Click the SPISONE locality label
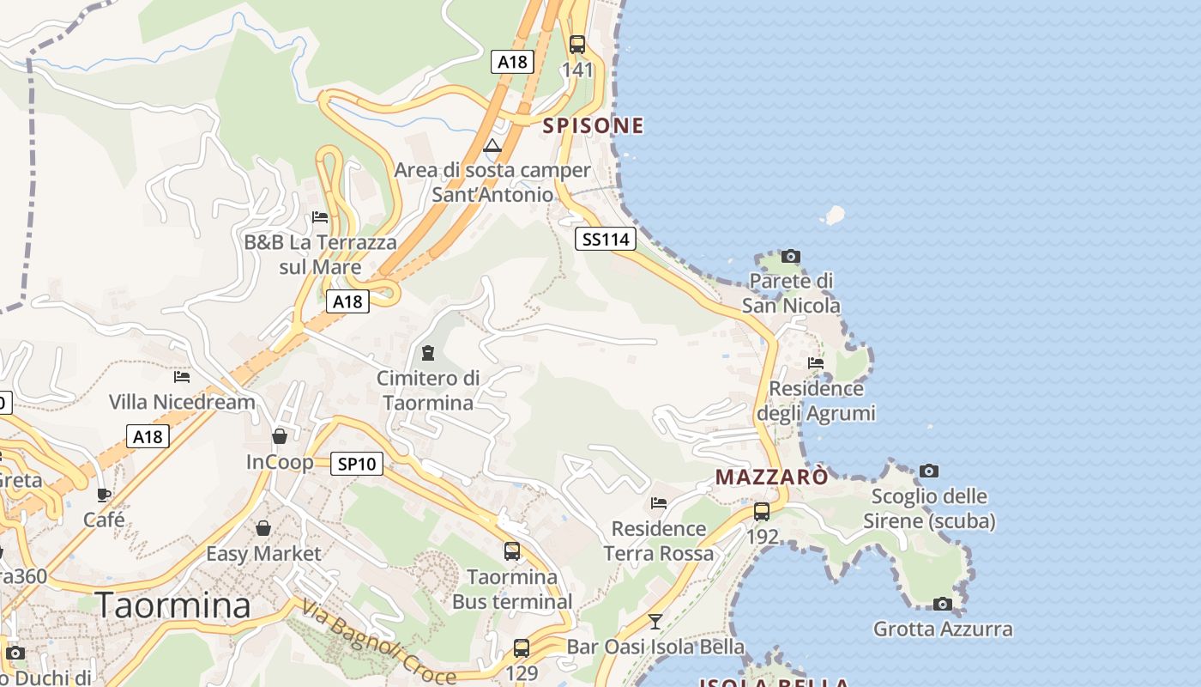[x=593, y=125]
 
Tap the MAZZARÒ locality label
[x=772, y=477]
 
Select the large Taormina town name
[x=173, y=605]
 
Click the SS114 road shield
[x=606, y=239]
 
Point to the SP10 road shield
[x=356, y=464]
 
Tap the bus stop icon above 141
[x=577, y=45]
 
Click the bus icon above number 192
[x=762, y=512]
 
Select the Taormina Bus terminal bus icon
[x=512, y=551]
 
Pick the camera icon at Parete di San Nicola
[x=791, y=256]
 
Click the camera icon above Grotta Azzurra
[x=943, y=604]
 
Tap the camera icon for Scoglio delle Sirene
[x=929, y=471]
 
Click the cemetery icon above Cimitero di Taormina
[x=427, y=352]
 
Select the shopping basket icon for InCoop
[x=280, y=436]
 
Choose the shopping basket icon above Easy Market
[x=263, y=528]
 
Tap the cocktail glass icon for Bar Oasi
[x=655, y=621]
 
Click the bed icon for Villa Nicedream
[x=182, y=376]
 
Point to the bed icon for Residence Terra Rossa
[x=659, y=502]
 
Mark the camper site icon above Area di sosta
[x=492, y=145]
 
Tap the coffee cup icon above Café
[x=104, y=495]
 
